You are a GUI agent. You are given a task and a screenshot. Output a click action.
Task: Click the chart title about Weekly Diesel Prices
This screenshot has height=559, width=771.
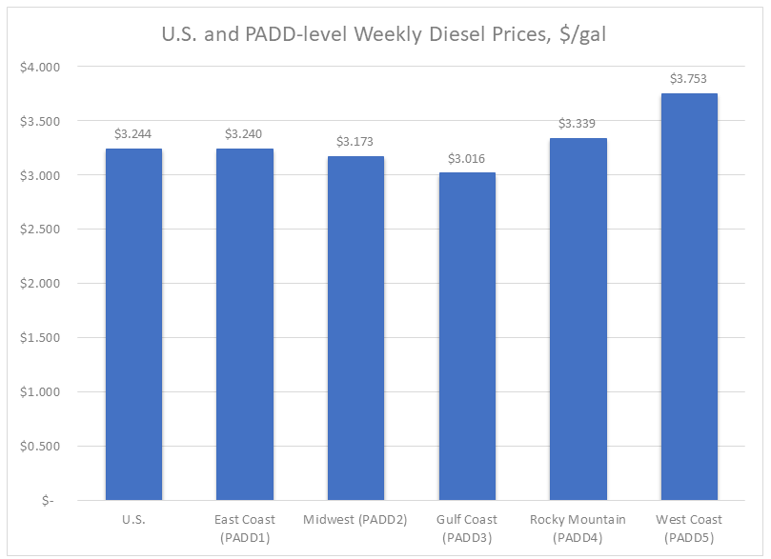(384, 35)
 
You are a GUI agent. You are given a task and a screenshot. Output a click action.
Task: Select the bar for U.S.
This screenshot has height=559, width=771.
(133, 324)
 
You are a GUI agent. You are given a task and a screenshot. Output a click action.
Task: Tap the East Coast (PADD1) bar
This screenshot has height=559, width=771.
(245, 324)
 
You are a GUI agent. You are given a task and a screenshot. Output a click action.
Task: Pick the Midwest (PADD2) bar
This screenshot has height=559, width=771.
(355, 328)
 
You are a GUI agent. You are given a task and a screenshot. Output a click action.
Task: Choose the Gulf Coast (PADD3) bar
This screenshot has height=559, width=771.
(467, 336)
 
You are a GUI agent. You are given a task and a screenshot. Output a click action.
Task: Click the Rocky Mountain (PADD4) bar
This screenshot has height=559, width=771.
(578, 319)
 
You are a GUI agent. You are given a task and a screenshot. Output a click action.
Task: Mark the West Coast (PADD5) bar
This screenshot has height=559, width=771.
(689, 296)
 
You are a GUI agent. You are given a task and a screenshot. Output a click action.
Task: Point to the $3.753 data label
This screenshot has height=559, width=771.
(689, 79)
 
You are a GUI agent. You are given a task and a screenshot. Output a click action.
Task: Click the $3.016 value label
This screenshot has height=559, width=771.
(467, 158)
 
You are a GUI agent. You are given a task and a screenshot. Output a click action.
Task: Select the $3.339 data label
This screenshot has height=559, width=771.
(578, 124)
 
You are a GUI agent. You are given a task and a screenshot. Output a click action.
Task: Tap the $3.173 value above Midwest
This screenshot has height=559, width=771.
(355, 141)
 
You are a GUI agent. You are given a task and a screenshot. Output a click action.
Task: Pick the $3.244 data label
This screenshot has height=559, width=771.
(133, 134)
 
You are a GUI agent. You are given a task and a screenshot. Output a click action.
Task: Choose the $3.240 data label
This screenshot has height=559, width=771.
(245, 134)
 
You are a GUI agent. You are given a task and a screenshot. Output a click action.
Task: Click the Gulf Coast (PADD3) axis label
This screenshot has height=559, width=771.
(467, 527)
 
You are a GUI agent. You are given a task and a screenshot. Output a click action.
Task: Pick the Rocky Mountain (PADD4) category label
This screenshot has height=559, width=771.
(578, 527)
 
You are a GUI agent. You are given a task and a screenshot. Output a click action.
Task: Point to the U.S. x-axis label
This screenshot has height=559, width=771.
(133, 520)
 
